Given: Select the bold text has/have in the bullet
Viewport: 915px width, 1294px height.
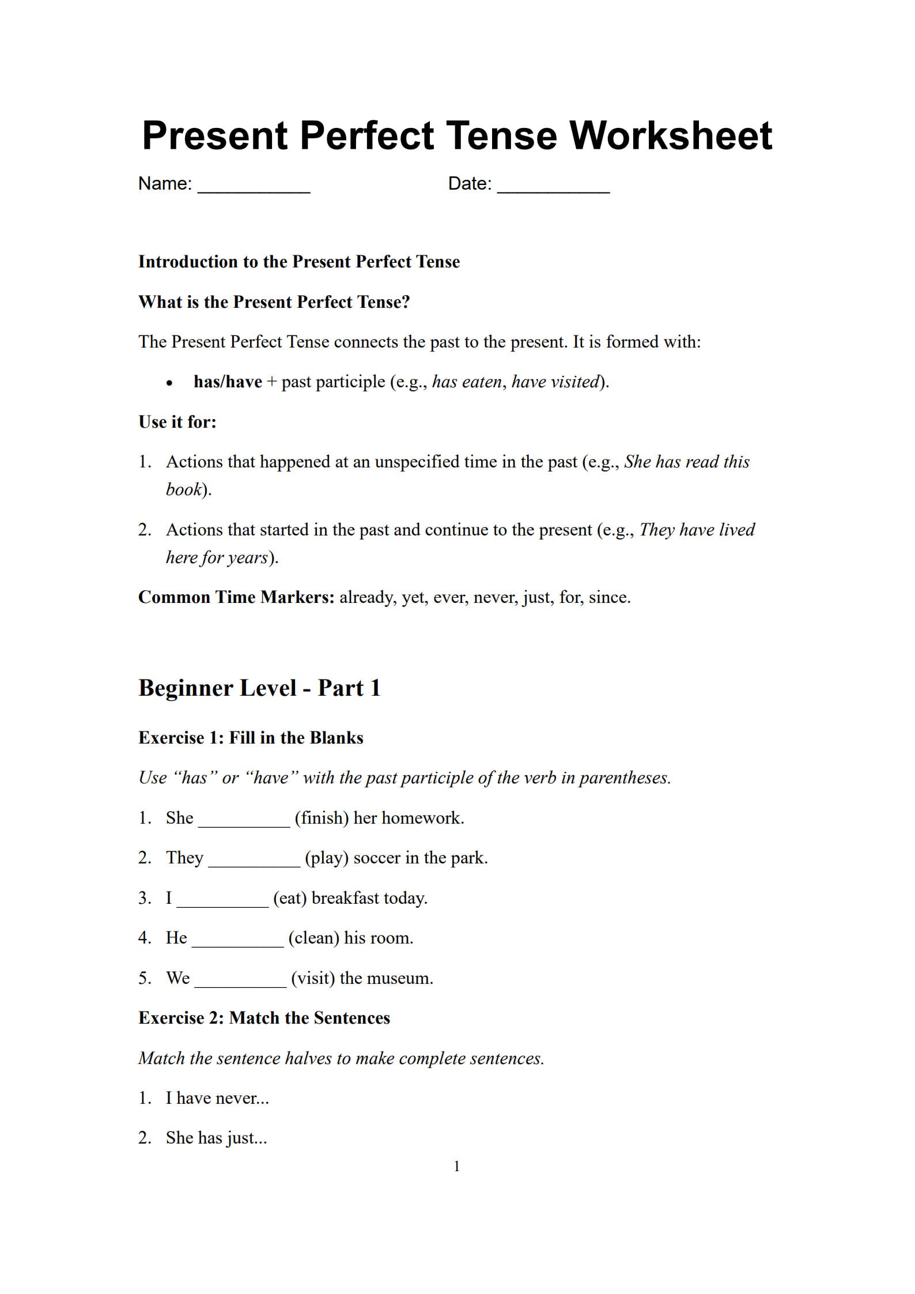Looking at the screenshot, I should pyautogui.click(x=228, y=382).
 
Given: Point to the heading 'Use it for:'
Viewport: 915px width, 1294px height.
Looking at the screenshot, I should pyautogui.click(x=177, y=422).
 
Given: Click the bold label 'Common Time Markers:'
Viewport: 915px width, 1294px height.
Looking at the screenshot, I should pyautogui.click(x=236, y=597).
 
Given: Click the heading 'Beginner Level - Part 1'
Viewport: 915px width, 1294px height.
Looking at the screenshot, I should pyautogui.click(x=259, y=688).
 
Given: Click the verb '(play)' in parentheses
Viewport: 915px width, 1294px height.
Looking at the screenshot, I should pyautogui.click(x=327, y=858).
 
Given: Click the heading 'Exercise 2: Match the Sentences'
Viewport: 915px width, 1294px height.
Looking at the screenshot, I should pyautogui.click(x=264, y=1018).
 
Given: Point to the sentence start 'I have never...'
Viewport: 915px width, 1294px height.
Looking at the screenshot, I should pyautogui.click(x=217, y=1098).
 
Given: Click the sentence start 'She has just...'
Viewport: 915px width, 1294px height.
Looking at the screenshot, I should pyautogui.click(x=216, y=1138).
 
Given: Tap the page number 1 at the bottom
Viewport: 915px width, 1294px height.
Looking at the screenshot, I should pyautogui.click(x=457, y=1167).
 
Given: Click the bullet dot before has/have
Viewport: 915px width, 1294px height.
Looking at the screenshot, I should pyautogui.click(x=169, y=383).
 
